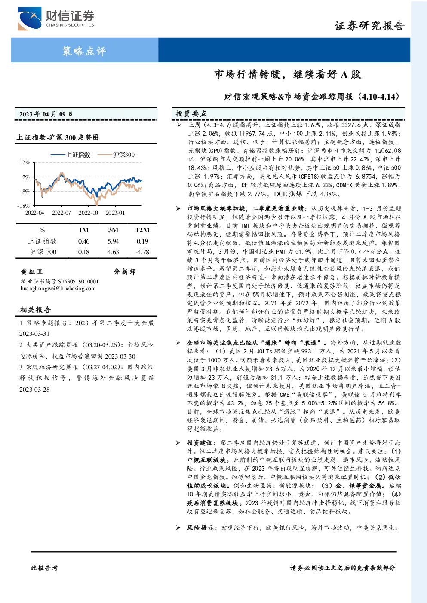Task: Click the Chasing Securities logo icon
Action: click(30, 18)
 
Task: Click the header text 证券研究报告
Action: click(369, 26)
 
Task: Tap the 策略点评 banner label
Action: click(84, 51)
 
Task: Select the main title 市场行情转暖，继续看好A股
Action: click(288, 74)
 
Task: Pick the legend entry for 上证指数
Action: click(71, 155)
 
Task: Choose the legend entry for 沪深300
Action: click(116, 155)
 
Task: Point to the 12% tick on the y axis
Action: click(25, 162)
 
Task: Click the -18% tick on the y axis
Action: click(24, 206)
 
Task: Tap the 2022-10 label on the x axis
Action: click(88, 213)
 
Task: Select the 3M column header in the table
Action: click(113, 230)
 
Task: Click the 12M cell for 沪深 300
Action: click(142, 252)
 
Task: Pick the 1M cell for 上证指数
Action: click(84, 241)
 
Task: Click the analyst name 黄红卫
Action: click(31, 271)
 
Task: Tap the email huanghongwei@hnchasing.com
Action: click(58, 289)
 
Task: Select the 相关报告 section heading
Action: click(35, 310)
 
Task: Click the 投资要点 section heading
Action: click(191, 114)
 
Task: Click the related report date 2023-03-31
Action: click(34, 334)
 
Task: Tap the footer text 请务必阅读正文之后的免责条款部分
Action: click(343, 568)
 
